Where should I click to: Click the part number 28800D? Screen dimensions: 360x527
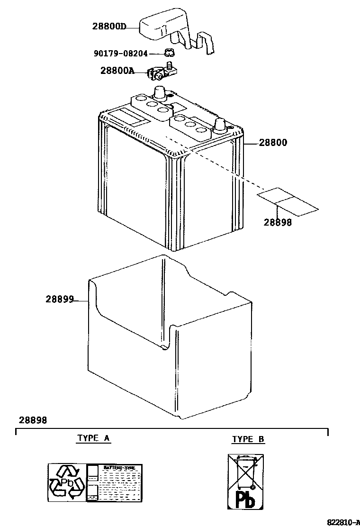click(x=109, y=26)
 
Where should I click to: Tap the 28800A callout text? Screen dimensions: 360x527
click(x=117, y=71)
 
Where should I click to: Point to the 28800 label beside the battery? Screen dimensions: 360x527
click(x=272, y=142)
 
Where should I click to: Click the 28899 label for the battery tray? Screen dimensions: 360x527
click(x=60, y=299)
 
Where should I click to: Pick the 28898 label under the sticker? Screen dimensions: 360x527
click(x=278, y=222)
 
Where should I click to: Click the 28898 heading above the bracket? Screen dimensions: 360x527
click(x=33, y=420)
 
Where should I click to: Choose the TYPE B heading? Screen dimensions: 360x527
click(x=248, y=439)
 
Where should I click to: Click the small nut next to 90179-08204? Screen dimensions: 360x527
click(x=168, y=53)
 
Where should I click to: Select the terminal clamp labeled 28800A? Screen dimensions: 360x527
click(x=161, y=72)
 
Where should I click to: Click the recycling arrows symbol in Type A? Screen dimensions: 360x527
click(x=67, y=482)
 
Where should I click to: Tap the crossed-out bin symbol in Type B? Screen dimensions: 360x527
click(x=246, y=472)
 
